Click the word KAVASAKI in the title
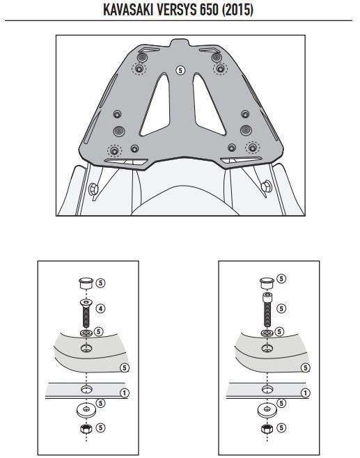coord(128,10)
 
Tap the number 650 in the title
coord(210,10)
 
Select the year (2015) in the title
coord(237,10)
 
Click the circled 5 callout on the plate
coord(180,70)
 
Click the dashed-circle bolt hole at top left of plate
coord(139,69)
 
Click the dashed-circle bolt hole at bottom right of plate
coord(252,148)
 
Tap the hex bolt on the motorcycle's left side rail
coord(93,189)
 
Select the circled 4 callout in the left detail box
coord(100,308)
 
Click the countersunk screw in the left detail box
coord(86,313)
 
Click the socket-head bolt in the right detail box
coord(267,309)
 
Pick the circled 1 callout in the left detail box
coord(125,393)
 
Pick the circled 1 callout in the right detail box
coord(306,393)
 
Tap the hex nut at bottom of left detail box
coord(86,429)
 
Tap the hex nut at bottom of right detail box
coord(267,429)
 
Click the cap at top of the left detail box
coord(86,283)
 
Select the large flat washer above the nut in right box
coord(267,410)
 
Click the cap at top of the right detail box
coord(267,283)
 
